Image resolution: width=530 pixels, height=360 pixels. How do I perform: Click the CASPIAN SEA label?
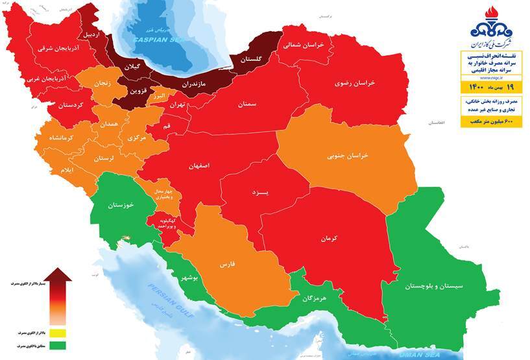click(x=151, y=40)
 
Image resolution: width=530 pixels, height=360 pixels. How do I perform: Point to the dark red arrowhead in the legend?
click(x=58, y=276)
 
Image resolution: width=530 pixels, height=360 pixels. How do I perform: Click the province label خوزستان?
click(x=121, y=204)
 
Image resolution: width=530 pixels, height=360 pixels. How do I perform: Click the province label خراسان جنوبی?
click(x=348, y=156)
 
